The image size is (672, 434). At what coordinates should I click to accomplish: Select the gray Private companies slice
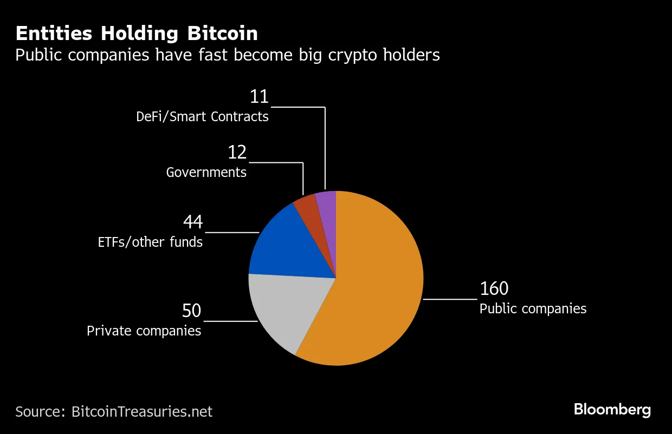point(287,308)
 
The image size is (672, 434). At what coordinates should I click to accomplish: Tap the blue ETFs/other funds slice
point(287,244)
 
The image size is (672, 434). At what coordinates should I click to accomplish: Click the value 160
point(494,289)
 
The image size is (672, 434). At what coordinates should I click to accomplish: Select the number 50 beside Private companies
point(191,311)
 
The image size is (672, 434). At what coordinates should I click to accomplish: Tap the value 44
point(192,222)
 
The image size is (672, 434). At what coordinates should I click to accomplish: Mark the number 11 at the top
point(259,97)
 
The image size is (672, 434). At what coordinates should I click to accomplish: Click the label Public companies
point(533,309)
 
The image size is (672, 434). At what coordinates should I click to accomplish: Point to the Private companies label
point(144,331)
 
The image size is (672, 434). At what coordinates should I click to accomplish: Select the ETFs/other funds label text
point(150,242)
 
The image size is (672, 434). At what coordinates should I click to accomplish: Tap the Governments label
point(206,173)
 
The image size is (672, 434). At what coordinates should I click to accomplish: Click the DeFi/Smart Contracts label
point(202,116)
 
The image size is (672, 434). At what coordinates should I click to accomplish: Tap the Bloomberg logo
point(612,410)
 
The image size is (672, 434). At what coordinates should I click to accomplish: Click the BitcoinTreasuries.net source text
point(141,411)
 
